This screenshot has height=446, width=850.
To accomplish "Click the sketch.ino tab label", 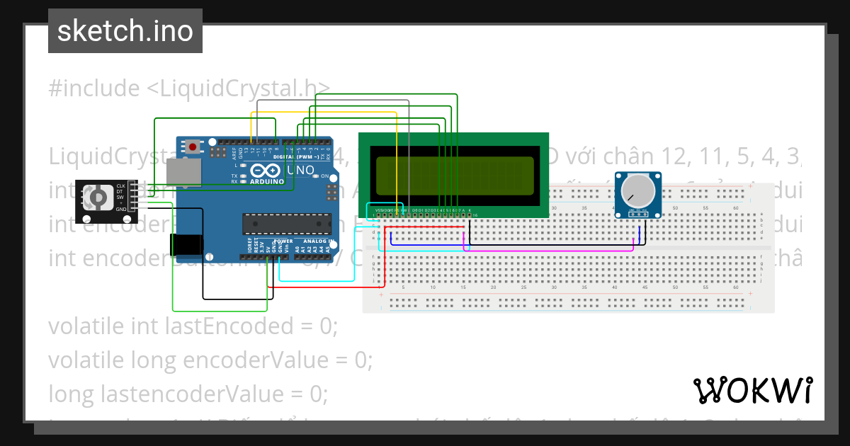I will [x=125, y=31].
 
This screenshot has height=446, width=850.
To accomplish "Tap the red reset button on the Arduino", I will [x=192, y=147].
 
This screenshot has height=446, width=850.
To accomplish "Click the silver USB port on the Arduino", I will [x=183, y=172].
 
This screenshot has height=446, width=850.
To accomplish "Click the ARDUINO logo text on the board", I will [x=268, y=181].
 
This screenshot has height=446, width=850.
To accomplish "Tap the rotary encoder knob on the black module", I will [x=98, y=196].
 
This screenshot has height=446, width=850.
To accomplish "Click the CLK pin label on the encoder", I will [x=120, y=185].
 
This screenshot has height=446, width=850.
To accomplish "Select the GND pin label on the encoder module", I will [x=121, y=209].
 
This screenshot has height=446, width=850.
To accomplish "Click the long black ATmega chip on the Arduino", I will [x=286, y=223].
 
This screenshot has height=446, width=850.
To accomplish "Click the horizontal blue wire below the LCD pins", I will [x=425, y=244].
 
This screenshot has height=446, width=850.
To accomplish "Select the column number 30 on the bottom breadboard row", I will [x=555, y=287].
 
